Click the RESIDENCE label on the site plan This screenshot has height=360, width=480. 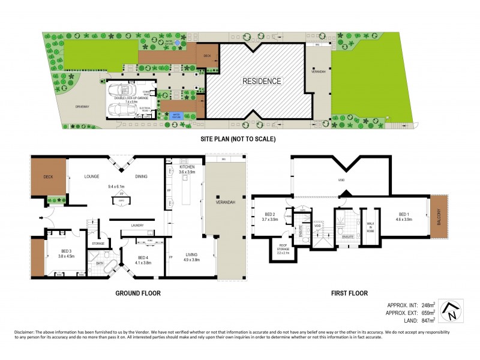(261, 81)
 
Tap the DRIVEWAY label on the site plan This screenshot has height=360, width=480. (82, 107)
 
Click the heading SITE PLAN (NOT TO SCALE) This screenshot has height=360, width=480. (238, 139)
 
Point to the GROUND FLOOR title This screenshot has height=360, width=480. (139, 293)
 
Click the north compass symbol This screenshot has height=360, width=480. (451, 310)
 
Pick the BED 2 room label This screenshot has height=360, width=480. (269, 217)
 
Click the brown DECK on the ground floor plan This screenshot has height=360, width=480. (48, 177)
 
